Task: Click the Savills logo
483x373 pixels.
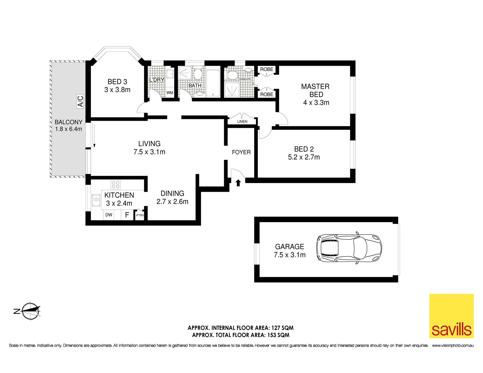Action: pyautogui.click(x=451, y=316)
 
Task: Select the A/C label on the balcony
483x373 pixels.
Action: pyautogui.click(x=80, y=102)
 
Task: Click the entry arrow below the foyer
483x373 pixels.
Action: pyautogui.click(x=238, y=183)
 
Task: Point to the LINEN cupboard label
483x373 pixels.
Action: pyautogui.click(x=242, y=122)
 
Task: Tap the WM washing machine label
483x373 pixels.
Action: pyautogui.click(x=170, y=93)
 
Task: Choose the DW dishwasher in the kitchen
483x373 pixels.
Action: pyautogui.click(x=109, y=215)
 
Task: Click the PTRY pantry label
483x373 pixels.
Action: pyautogui.click(x=140, y=215)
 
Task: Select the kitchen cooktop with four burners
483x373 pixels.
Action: pyautogui.click(x=115, y=184)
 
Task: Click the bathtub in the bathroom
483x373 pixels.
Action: pyautogui.click(x=213, y=83)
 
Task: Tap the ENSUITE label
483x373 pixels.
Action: pyautogui.click(x=245, y=79)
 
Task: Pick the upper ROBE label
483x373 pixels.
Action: pyautogui.click(x=267, y=69)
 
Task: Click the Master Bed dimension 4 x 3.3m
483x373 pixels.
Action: pyautogui.click(x=316, y=103)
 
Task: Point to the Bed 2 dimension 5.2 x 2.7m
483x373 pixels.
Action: pyautogui.click(x=304, y=157)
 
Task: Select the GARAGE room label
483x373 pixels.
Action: pyautogui.click(x=290, y=247)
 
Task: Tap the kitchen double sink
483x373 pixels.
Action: pyautogui.click(x=96, y=200)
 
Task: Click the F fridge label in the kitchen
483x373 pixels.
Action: pyautogui.click(x=127, y=215)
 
